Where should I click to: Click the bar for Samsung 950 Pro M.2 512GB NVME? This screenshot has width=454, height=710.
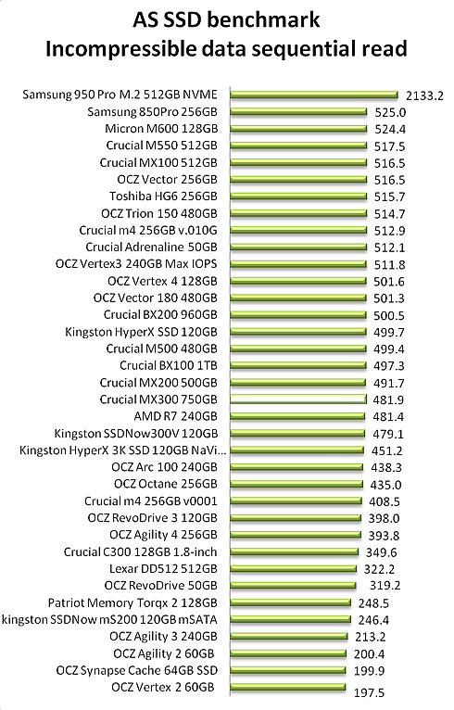(x=314, y=95)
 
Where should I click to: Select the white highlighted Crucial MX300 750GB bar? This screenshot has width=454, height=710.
(x=297, y=399)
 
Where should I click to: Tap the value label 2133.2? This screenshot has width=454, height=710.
(x=424, y=95)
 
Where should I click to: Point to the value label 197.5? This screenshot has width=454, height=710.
(x=370, y=692)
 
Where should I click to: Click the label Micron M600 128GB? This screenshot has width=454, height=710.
(x=161, y=129)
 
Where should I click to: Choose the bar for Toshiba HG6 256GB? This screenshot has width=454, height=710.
(x=298, y=197)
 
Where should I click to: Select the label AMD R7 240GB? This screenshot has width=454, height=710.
(x=175, y=415)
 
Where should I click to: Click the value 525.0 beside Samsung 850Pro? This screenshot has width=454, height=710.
(x=390, y=113)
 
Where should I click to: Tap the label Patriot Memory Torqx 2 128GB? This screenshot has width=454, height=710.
(x=132, y=602)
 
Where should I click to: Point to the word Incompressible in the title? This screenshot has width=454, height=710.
(x=120, y=49)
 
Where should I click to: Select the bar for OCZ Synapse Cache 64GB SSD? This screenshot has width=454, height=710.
(x=288, y=670)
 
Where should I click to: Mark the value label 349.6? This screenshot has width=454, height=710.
(x=382, y=552)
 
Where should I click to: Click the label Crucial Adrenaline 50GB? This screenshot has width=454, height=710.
(x=151, y=247)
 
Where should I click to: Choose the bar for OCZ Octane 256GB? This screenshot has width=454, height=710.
(x=296, y=484)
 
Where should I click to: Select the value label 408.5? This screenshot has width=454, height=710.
(x=384, y=501)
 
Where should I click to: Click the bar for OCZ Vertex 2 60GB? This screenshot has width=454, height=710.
(x=288, y=687)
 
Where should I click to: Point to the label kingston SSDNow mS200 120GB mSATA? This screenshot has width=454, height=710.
(x=109, y=619)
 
